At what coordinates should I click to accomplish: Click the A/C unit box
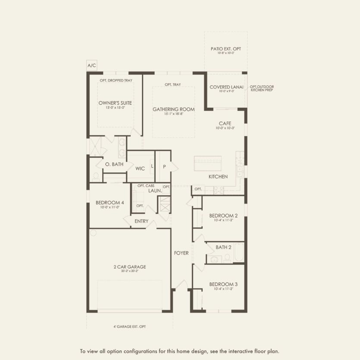(92, 66)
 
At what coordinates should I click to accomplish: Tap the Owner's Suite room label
(115, 103)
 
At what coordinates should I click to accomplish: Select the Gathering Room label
(173, 110)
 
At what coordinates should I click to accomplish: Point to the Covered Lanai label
(226, 87)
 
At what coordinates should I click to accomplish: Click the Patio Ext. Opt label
(226, 49)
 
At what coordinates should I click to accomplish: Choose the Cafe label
(225, 123)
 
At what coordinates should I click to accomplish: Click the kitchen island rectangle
(208, 163)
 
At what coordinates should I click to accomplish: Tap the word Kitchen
(218, 177)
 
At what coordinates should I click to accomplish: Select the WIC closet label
(140, 169)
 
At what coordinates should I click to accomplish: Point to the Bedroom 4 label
(110, 203)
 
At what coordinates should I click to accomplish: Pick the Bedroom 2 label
(223, 216)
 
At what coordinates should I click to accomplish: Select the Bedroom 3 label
(223, 285)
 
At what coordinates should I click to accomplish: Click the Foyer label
(182, 253)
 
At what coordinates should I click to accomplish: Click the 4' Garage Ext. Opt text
(127, 327)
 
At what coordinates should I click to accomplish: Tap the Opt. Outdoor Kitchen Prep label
(262, 88)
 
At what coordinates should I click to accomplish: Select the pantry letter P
(164, 166)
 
